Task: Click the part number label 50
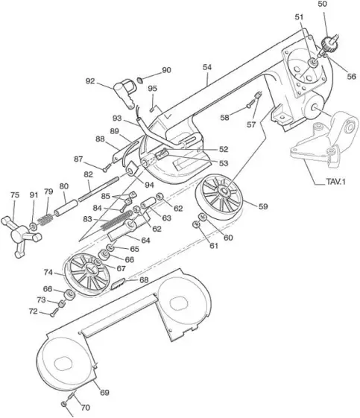click(322, 4)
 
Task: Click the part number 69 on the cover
click(104, 391)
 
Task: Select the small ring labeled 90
click(142, 77)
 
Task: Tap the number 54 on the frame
click(207, 67)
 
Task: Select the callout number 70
click(85, 408)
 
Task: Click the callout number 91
click(33, 195)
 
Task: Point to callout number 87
click(78, 159)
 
